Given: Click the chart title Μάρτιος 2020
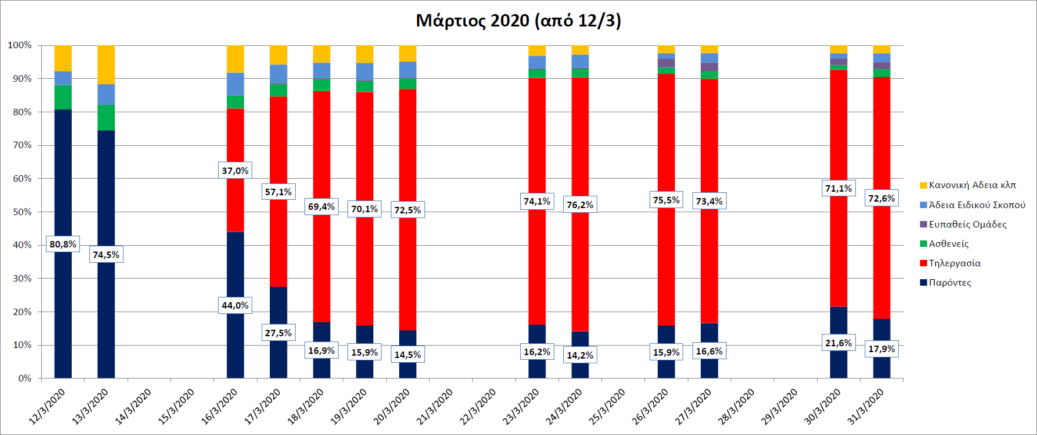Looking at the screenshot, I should (518, 21).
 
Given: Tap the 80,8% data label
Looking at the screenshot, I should (62, 245).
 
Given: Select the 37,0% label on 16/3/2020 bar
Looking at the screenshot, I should (235, 171).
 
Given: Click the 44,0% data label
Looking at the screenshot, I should (235, 305).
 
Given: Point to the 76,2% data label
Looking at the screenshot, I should (580, 205).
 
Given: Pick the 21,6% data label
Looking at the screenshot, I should (838, 343).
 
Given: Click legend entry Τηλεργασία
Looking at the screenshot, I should (954, 263).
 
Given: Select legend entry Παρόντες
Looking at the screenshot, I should (949, 283).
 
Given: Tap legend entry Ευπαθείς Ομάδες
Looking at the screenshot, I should (967, 225).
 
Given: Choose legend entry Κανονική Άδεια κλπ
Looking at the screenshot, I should (972, 185).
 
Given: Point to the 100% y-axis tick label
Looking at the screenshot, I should (20, 45).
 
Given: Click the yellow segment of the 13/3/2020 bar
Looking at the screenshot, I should (106, 65).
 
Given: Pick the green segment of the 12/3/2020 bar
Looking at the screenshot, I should (63, 97).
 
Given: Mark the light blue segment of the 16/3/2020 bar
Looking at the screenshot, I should (235, 84).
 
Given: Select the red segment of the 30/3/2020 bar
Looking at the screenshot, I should (838, 247).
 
